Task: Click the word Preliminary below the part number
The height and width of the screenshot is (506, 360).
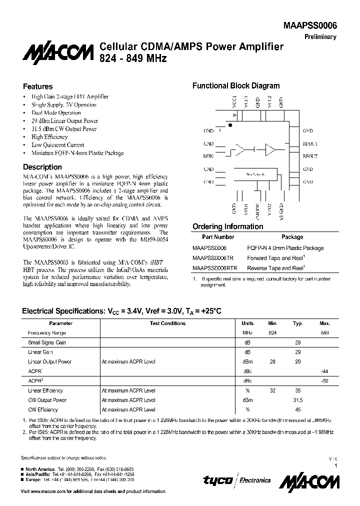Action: point(320,37)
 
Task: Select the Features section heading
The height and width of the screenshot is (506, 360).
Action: point(38,86)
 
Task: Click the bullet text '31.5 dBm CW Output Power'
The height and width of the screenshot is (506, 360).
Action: point(64,129)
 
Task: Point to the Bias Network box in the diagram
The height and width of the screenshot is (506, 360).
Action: point(255,174)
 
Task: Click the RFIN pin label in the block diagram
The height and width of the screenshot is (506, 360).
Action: point(208,156)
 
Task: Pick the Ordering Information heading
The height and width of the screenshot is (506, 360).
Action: point(227,226)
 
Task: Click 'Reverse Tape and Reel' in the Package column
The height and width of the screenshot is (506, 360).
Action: point(276,268)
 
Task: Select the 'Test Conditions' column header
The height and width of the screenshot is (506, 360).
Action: point(167,323)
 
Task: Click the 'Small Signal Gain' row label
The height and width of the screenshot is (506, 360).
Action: point(46,342)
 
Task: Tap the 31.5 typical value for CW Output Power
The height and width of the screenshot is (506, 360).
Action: point(297,400)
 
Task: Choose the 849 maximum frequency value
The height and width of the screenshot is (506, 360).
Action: point(324,333)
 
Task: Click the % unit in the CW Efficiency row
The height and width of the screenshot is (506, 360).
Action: point(247,409)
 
